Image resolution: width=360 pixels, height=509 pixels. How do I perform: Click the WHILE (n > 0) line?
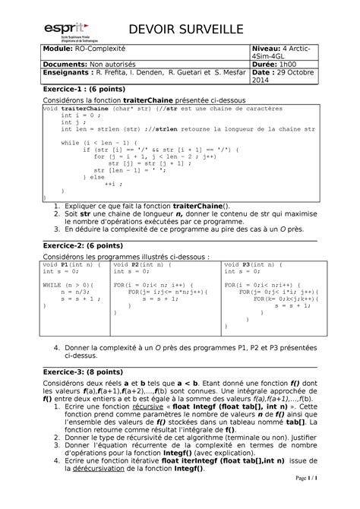[x=64, y=283]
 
